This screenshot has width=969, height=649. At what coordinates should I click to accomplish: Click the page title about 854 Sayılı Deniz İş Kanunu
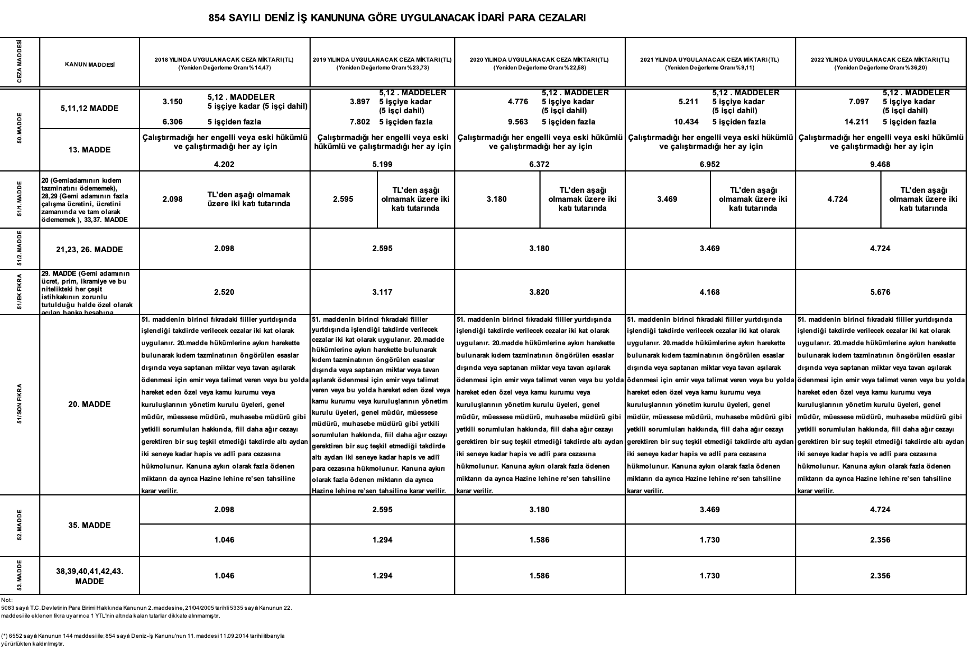pos(397,18)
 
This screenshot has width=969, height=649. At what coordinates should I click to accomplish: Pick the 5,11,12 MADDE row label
pos(90,108)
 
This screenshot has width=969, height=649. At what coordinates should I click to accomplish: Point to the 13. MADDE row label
pos(90,150)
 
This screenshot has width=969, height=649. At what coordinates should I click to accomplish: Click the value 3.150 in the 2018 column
pos(173,101)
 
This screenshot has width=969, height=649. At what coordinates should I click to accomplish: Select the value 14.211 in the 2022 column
pos(857,122)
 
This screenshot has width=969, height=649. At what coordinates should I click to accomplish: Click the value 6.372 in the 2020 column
pos(539,164)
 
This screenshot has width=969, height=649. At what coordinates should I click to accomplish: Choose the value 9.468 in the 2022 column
pos(880,164)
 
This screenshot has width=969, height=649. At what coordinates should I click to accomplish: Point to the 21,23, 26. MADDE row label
pos(90,249)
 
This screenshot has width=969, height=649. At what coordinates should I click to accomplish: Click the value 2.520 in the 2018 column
pos(224,292)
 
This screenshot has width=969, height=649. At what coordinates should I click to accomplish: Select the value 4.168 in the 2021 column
pos(709,292)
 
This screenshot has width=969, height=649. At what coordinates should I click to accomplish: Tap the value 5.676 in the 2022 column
pos(880,292)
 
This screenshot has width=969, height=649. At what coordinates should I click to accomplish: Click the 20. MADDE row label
pos(90,404)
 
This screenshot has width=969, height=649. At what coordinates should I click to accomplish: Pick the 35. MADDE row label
pos(90,525)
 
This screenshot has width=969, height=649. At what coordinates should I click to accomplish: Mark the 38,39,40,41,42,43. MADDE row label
pos(90,576)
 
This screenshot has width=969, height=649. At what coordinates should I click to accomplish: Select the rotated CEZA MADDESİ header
pos(20,62)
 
